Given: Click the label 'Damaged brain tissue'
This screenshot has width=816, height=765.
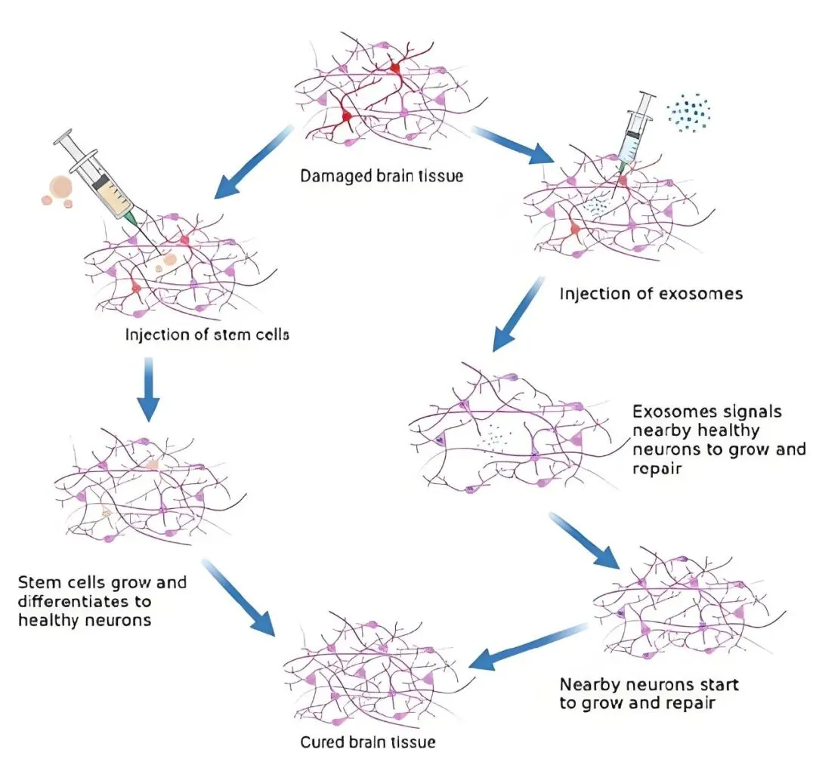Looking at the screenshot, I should [382, 176].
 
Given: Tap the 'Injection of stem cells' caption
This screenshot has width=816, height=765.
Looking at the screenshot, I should [207, 333].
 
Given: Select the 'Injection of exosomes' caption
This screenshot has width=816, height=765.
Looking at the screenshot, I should [651, 293].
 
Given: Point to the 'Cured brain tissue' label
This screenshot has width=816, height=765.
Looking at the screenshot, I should [368, 741].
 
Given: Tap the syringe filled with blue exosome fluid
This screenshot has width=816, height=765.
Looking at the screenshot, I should [635, 128].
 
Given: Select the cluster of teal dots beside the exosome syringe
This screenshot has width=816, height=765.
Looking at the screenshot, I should [688, 113].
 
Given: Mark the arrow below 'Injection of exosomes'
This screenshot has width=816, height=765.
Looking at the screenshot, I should [518, 313].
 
